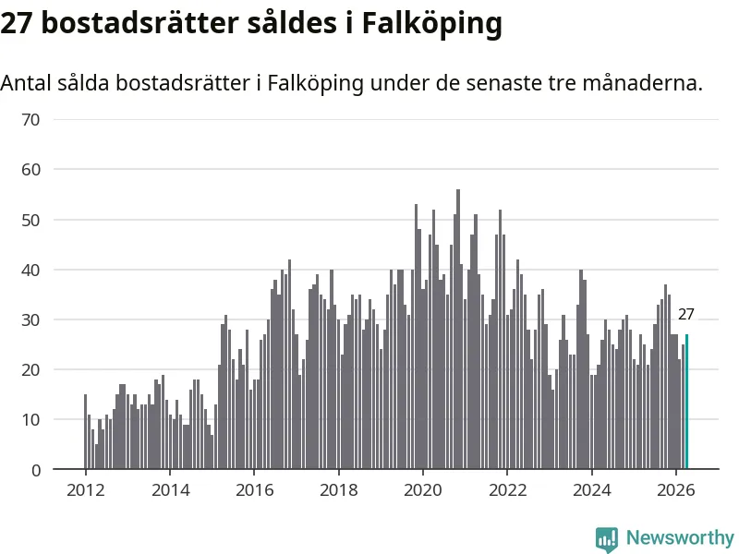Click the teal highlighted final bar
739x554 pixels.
pyautogui.click(x=686, y=402)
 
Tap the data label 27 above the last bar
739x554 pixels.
pyautogui.click(x=685, y=314)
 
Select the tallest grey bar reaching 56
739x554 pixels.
pyautogui.click(x=458, y=330)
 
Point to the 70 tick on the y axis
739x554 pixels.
pyautogui.click(x=30, y=120)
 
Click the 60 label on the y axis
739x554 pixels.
pyautogui.click(x=30, y=170)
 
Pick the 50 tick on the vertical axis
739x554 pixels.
pyautogui.click(x=30, y=220)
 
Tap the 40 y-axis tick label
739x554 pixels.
pyautogui.click(x=30, y=271)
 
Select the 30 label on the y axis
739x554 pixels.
pyautogui.click(x=30, y=320)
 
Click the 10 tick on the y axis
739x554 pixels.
pyautogui.click(x=30, y=420)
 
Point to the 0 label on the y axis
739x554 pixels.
pyautogui.click(x=36, y=470)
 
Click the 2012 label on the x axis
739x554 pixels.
pyautogui.click(x=85, y=490)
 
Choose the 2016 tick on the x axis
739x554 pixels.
pyautogui.click(x=255, y=490)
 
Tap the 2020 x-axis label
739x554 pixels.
pyautogui.click(x=423, y=490)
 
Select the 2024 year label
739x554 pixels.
pyautogui.click(x=591, y=490)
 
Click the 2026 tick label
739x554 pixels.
pyautogui.click(x=676, y=490)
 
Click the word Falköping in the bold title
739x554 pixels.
pyautogui.click(x=431, y=24)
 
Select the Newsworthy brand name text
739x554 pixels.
pyautogui.click(x=680, y=537)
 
